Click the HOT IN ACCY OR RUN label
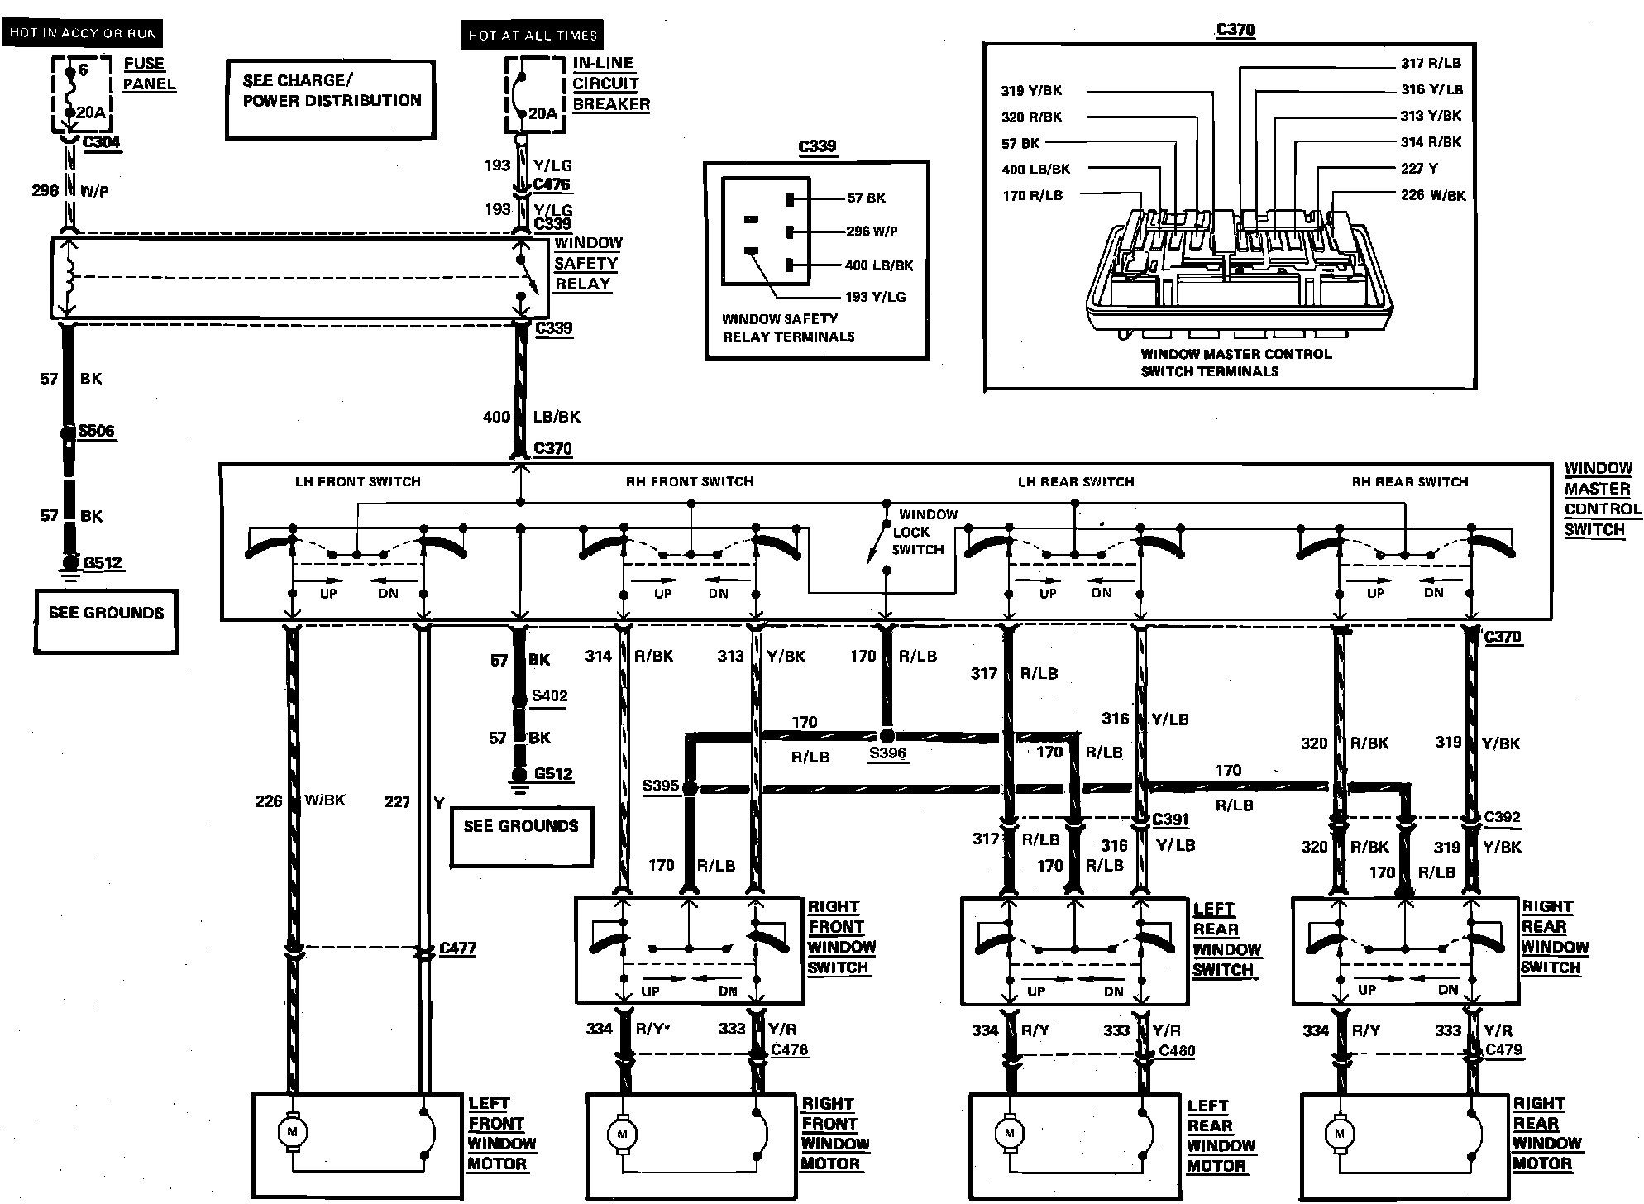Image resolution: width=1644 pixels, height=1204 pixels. pyautogui.click(x=82, y=33)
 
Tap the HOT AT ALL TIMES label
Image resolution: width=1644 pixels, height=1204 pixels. pyautogui.click(x=532, y=35)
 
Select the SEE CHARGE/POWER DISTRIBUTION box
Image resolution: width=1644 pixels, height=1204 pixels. pyautogui.click(x=331, y=98)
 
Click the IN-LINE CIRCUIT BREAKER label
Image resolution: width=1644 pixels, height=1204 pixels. pyautogui.click(x=610, y=84)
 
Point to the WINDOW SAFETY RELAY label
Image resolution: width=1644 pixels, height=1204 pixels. pyautogui.click(x=587, y=264)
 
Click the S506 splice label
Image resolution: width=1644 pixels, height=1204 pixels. pyautogui.click(x=96, y=431)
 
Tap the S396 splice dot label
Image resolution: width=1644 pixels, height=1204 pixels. pyautogui.click(x=887, y=753)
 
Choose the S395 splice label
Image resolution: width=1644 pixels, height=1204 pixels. pyautogui.click(x=661, y=786)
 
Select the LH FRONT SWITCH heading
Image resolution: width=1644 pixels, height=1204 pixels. pyautogui.click(x=358, y=481)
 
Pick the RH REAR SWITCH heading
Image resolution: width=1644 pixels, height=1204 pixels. pyautogui.click(x=1410, y=481)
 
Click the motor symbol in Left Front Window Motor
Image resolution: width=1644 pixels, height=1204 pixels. pyautogui.click(x=291, y=1132)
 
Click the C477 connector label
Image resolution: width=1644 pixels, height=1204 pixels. pyautogui.click(x=457, y=948)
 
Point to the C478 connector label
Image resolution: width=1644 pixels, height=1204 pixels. pyautogui.click(x=789, y=1050)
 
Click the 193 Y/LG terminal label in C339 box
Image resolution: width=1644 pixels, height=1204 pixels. pyautogui.click(x=875, y=297)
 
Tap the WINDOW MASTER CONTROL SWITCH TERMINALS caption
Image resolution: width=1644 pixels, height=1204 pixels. pyautogui.click(x=1235, y=363)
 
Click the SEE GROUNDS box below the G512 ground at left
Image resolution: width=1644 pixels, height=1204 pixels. pyautogui.click(x=106, y=620)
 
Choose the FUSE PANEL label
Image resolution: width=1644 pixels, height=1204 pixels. pyautogui.click(x=149, y=74)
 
